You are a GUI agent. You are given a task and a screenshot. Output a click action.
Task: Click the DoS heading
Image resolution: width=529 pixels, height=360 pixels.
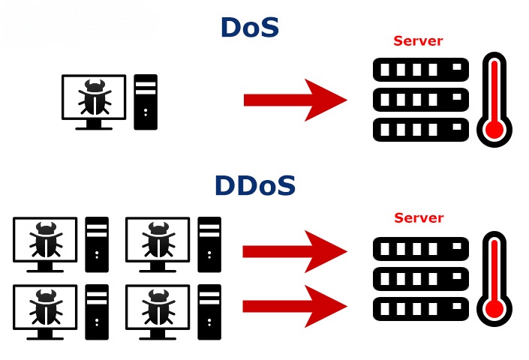[249, 27]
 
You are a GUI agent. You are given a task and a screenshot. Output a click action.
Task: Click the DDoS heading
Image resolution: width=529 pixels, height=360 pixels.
[255, 185]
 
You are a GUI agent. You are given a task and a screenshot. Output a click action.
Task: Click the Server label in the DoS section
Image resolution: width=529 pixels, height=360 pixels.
[418, 41]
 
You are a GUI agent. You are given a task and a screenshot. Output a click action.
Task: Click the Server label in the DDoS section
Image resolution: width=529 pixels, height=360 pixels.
[418, 218]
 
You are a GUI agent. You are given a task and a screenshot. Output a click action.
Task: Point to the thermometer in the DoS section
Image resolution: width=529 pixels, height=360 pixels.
[494, 99]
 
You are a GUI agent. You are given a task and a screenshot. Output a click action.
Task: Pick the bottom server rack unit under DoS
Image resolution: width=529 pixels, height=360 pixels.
[420, 129]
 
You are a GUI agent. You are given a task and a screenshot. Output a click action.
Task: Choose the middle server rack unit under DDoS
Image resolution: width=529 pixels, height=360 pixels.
[420, 277]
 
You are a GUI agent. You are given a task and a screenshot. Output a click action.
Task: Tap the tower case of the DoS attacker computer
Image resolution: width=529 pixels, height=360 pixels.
[146, 102]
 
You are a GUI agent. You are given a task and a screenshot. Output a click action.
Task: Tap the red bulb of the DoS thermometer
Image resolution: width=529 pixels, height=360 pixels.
[494, 130]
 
